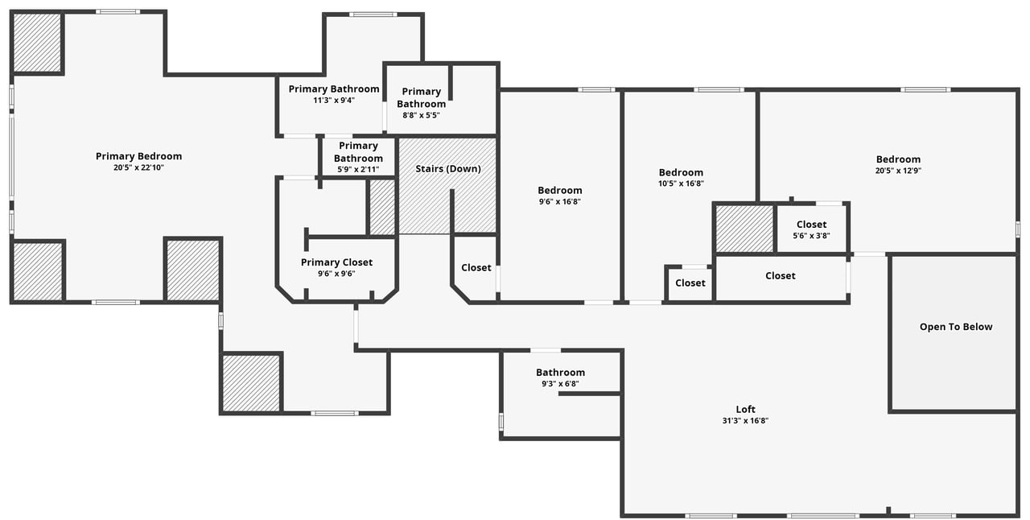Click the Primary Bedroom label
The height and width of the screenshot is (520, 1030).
pos(138,156)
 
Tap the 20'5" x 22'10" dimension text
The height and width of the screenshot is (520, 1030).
pos(138,167)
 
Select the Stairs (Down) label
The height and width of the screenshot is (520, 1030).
pos(448,169)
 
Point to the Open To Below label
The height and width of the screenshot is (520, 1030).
pos(956,327)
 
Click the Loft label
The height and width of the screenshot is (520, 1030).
pos(746,409)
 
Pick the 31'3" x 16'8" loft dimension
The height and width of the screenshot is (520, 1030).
pos(746,420)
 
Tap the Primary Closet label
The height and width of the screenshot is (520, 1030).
pos(336,262)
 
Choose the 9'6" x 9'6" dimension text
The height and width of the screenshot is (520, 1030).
pos(336,274)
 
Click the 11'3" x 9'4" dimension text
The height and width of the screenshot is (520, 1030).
pos(334,101)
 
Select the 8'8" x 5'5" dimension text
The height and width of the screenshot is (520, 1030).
pos(421,115)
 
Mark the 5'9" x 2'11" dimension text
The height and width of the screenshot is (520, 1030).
pos(358,170)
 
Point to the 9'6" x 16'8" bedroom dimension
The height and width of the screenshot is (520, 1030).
pos(560,202)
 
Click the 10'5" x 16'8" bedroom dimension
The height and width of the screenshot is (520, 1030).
pos(681,184)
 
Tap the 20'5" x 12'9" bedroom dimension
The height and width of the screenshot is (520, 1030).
pos(898,171)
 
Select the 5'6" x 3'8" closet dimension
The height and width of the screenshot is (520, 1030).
pos(811,236)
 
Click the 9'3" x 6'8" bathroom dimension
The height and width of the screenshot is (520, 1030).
pos(560,384)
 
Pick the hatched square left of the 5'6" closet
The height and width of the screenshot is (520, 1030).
pos(744,229)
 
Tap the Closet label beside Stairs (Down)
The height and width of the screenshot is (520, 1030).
pos(476,268)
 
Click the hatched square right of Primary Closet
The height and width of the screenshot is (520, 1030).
pos(382,208)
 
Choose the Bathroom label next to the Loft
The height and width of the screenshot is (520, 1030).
pos(560,373)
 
